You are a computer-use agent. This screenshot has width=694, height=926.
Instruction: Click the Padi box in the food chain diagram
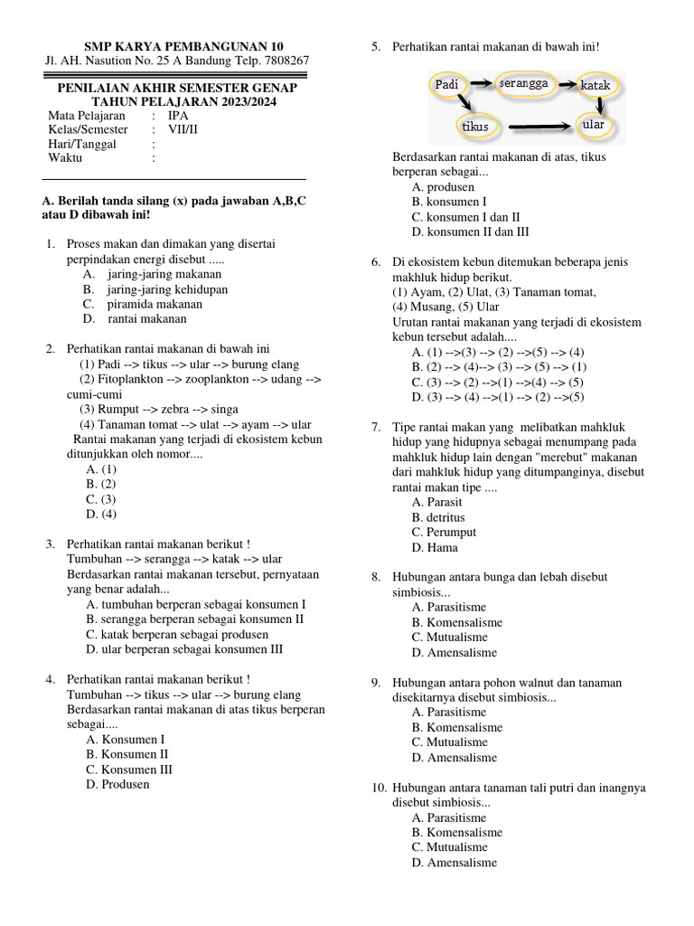pyautogui.click(x=448, y=84)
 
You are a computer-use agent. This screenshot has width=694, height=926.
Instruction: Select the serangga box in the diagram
pyautogui.click(x=522, y=83)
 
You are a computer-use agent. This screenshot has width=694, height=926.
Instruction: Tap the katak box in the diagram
pyautogui.click(x=596, y=85)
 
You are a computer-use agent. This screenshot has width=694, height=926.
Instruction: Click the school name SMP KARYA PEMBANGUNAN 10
pyautogui.click(x=183, y=46)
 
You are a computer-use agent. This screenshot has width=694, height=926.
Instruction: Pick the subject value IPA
pyautogui.click(x=178, y=116)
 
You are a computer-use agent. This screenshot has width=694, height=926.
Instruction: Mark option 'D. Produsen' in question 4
pyautogui.click(x=118, y=784)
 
